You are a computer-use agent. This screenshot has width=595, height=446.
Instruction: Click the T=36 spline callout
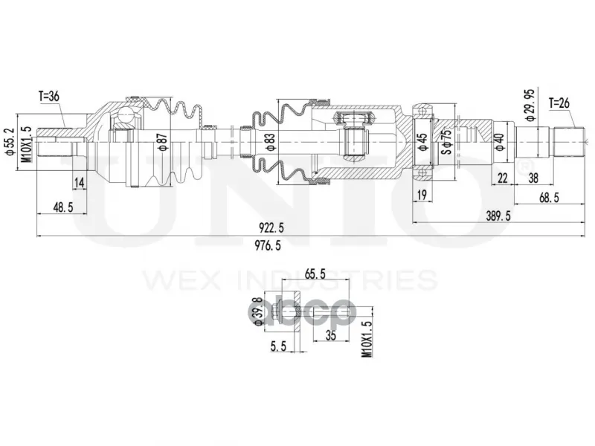click(48, 97)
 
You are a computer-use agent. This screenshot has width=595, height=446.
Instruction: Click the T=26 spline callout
click(560, 103)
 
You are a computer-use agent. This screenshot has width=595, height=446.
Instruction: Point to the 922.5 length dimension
click(271, 228)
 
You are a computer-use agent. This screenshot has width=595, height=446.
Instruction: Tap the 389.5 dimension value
click(498, 216)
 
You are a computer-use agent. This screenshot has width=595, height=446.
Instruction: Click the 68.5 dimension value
click(549, 198)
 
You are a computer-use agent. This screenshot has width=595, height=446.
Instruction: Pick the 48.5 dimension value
click(62, 207)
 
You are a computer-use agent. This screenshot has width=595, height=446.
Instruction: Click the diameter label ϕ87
click(163, 141)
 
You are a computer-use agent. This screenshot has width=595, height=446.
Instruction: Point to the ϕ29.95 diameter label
click(530, 105)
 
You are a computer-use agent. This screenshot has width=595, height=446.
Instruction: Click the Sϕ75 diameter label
click(448, 141)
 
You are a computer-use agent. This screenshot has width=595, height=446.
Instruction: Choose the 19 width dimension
click(422, 195)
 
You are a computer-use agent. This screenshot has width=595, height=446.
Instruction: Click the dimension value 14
click(80, 183)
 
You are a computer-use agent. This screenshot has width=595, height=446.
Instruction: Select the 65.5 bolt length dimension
click(315, 274)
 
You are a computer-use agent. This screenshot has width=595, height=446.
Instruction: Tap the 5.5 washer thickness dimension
click(278, 346)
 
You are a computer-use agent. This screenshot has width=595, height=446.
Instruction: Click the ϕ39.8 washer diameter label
click(257, 311)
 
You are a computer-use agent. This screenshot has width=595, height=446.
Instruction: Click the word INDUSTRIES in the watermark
click(337, 280)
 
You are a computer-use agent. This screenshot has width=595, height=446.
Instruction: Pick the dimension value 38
click(533, 178)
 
